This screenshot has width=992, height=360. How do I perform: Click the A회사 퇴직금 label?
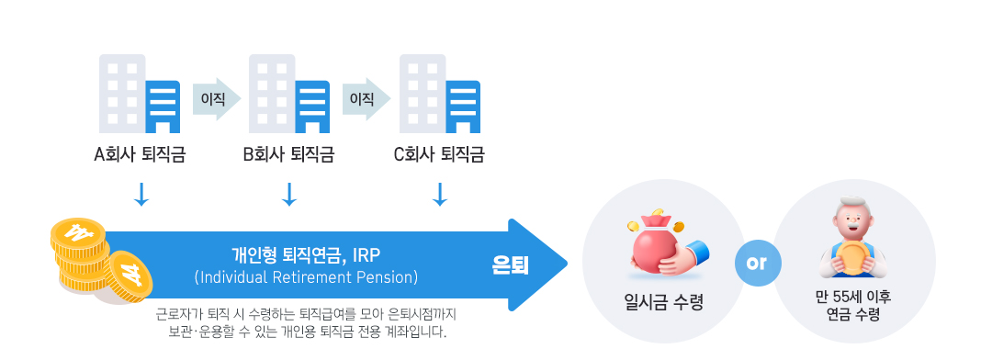coord(141,154)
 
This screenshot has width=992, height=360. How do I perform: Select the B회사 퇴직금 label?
coord(288,154)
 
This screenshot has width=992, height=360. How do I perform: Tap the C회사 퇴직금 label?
coord(439,154)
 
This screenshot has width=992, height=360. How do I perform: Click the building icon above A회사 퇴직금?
coord(139,94)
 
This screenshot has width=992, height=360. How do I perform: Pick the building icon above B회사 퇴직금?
coord(288,94)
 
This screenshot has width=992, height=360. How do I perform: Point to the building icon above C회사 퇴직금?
coord(438,94)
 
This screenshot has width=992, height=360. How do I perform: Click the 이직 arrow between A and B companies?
coord(216,97)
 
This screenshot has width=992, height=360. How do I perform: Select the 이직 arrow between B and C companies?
coord(366,97)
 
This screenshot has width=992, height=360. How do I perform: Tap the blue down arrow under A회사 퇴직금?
coord(141,194)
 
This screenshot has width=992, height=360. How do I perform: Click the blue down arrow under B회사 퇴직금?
coord(289,194)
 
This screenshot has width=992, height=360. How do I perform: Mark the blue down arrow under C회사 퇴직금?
coord(439,194)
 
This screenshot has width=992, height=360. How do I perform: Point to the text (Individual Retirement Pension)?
coord(306,276)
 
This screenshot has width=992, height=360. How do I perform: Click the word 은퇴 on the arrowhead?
coord(511,265)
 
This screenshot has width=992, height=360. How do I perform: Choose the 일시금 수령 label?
coord(664,301)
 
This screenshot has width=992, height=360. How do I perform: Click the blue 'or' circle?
coord(757,263)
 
